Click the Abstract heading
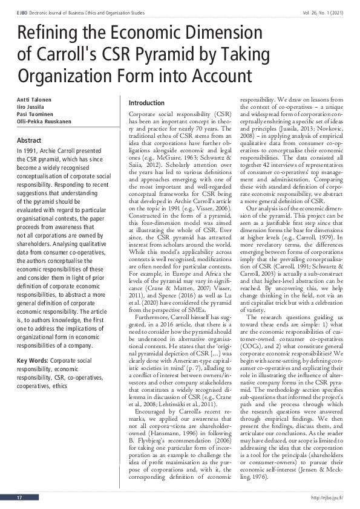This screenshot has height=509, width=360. tap(29, 140)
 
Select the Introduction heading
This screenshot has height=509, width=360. tap(147, 103)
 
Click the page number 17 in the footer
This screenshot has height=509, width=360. tap(20, 498)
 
